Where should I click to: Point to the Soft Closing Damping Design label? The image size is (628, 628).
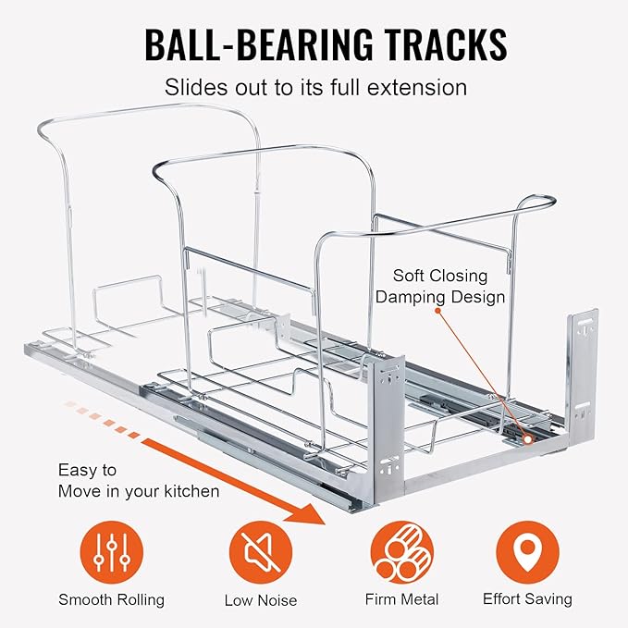(439, 287)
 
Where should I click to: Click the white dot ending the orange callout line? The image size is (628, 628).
(528, 439)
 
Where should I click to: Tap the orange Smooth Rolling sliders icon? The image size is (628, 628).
(111, 552)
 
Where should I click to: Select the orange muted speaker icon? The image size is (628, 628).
(260, 552)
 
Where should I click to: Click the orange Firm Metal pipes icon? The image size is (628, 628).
(401, 552)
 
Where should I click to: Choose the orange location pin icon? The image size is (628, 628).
(527, 552)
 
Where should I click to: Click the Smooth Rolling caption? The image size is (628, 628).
(111, 599)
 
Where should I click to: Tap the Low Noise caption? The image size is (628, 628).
(261, 600)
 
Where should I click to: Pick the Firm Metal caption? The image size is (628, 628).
(401, 599)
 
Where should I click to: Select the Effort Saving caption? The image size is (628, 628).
(527, 599)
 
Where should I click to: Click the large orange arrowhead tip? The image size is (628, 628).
(325, 523)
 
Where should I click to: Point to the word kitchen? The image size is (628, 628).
(191, 491)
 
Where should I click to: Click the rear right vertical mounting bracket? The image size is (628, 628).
(582, 372)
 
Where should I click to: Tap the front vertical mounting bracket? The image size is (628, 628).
(389, 428)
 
